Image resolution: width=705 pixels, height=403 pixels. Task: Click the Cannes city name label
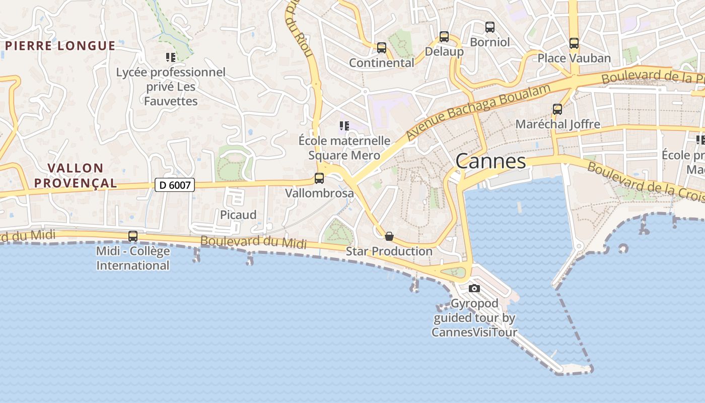pyautogui.click(x=490, y=161)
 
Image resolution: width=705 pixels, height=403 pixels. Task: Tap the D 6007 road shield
pyautogui.click(x=175, y=185)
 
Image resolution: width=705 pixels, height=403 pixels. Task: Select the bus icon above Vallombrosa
pyautogui.click(x=319, y=178)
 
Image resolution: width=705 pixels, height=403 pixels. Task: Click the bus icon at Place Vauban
pyautogui.click(x=574, y=43)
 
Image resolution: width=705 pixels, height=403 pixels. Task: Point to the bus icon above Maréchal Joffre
pyautogui.click(x=557, y=109)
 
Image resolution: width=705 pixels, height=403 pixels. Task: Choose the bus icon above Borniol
pyautogui.click(x=490, y=27)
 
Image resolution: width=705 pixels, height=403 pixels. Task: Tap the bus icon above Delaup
pyautogui.click(x=444, y=37)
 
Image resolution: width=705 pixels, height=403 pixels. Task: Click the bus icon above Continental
pyautogui.click(x=382, y=48)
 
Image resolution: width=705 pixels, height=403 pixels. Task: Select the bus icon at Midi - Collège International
pyautogui.click(x=133, y=236)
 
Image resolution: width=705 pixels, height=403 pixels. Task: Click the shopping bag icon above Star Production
pyautogui.click(x=389, y=236)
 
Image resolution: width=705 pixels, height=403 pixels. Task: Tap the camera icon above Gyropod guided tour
pyautogui.click(x=474, y=289)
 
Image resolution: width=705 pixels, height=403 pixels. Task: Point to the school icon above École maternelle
pyautogui.click(x=344, y=125)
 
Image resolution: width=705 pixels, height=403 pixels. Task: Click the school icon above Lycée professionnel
pyautogui.click(x=171, y=57)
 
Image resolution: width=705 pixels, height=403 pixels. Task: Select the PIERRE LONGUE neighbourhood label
pyautogui.click(x=60, y=46)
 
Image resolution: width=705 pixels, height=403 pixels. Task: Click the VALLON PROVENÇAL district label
pyautogui.click(x=76, y=175)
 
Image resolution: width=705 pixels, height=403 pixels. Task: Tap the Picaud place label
pyautogui.click(x=238, y=215)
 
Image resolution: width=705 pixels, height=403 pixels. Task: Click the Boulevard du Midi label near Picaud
pyautogui.click(x=253, y=241)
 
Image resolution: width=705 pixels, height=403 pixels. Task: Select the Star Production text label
pyautogui.click(x=389, y=251)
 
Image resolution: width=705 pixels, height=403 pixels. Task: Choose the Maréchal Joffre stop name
pyautogui.click(x=557, y=124)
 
